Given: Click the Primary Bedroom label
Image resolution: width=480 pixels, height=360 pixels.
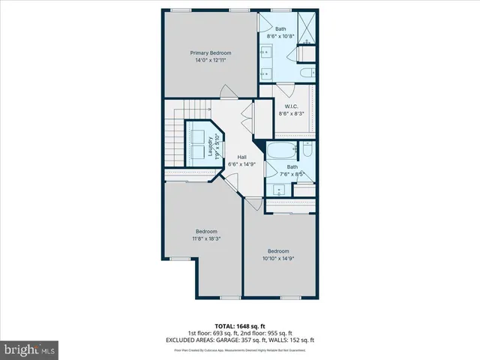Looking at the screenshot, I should tap(210, 52).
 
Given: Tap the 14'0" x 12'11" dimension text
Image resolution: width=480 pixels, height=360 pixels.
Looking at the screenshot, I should tap(210, 60).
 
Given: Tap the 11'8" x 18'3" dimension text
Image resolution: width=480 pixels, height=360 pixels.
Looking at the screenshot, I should tap(206, 238).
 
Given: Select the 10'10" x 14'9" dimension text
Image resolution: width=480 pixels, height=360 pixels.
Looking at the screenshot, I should tap(278, 259).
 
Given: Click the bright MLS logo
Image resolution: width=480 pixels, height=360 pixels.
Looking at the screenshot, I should tap(30, 349).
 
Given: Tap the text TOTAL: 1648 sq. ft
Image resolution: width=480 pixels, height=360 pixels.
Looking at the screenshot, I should tap(240, 326).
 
